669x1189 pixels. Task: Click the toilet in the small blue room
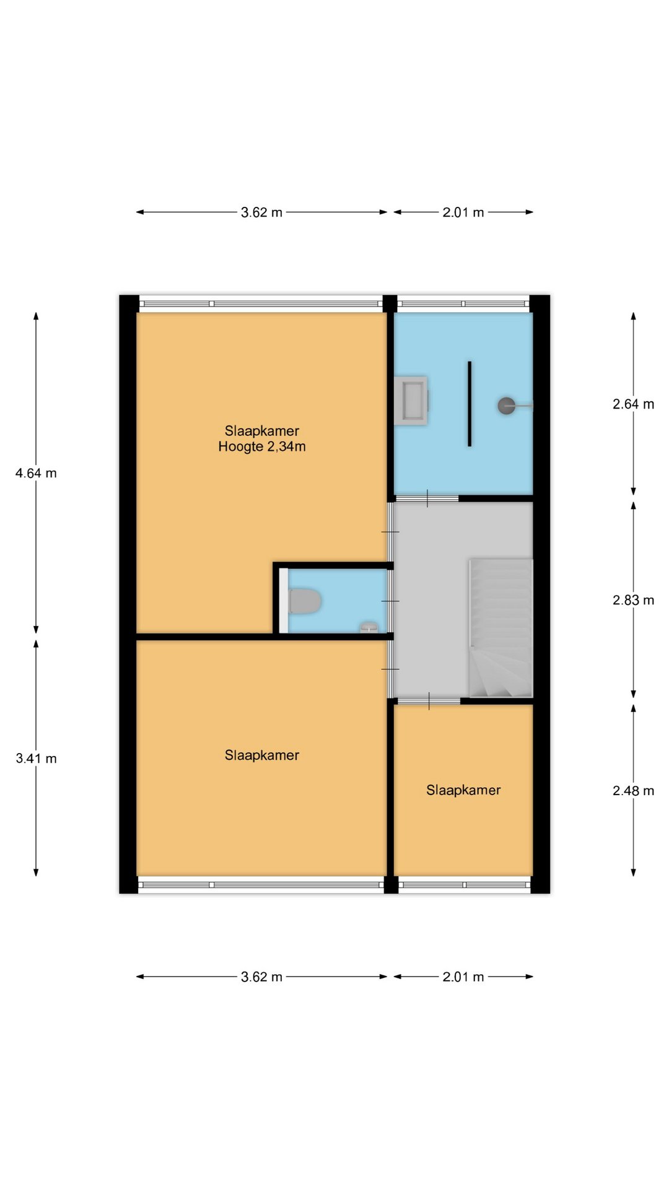pos(305,601)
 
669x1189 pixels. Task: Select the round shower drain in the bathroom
pos(506,406)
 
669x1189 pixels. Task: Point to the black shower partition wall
pos(470,404)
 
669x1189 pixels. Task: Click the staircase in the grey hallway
pos(501,628)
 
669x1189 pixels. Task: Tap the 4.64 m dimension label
pos(36,473)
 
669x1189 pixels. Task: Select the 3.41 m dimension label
pos(36,759)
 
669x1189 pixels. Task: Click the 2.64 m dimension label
pos(633,404)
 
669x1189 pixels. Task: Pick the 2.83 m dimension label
pos(633,600)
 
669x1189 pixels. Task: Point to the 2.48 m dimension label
pos(633,791)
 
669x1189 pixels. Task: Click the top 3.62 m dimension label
pos(261,212)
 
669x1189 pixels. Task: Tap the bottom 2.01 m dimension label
pos(463,977)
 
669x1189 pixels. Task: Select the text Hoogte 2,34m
pos(262,446)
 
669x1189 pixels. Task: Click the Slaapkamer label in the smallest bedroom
pos(463,790)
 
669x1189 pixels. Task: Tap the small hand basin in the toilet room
pos(369,627)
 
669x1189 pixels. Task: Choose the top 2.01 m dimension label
pos(463,212)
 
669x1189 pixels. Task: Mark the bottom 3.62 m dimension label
pos(261,977)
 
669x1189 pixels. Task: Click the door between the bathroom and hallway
pos(427,498)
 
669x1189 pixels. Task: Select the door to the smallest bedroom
pos(429,701)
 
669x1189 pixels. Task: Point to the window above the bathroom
pos(463,303)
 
